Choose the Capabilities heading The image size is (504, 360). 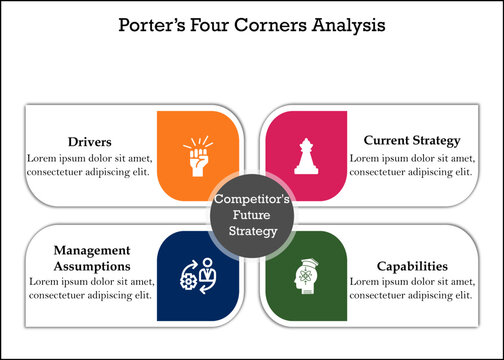point(411,267)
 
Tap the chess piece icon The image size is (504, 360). point(303,156)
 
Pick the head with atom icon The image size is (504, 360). point(306,275)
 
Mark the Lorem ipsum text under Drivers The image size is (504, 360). point(89,164)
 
